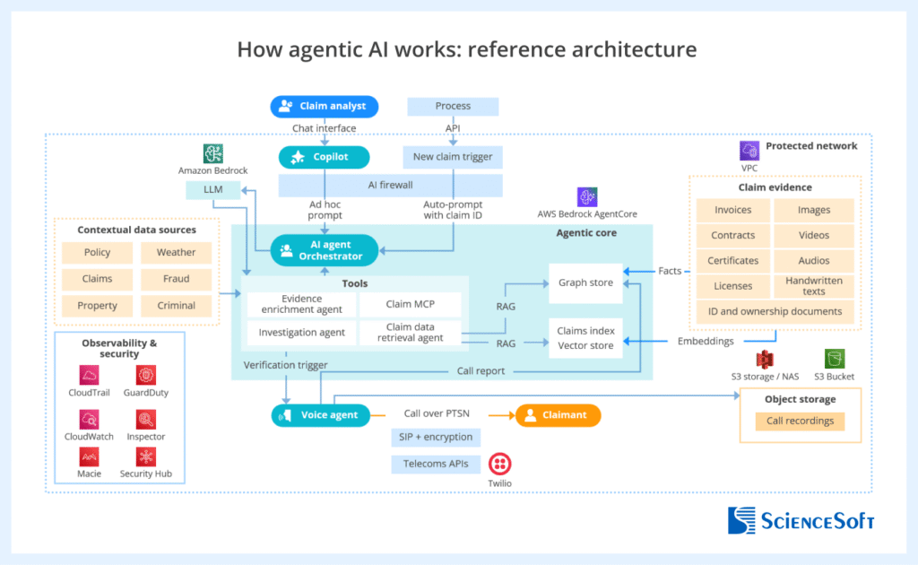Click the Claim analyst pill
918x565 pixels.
tap(324, 107)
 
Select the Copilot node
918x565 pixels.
tap(324, 158)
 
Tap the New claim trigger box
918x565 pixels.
tap(453, 158)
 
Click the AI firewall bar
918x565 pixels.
tap(389, 186)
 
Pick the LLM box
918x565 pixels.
tap(212, 190)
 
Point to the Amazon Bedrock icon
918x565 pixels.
tap(212, 153)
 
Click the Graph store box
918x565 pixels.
tap(585, 282)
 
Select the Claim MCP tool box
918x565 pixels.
tap(411, 305)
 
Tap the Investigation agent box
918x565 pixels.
tap(301, 333)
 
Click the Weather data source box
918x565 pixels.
tap(176, 253)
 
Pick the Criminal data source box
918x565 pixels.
tap(176, 306)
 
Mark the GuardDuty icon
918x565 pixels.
tap(146, 375)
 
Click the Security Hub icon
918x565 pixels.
tap(146, 456)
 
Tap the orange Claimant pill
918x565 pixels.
tap(557, 415)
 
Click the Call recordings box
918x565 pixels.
tap(800, 421)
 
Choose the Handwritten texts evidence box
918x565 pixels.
tap(814, 286)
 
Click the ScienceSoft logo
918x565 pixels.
tap(801, 520)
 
